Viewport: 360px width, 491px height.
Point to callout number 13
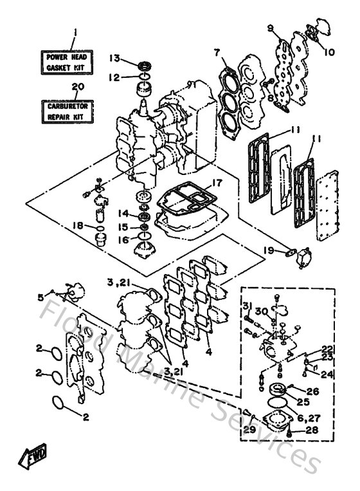114,58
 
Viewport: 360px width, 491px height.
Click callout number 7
217,51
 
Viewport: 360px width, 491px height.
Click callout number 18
78,225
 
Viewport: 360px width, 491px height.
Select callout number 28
313,429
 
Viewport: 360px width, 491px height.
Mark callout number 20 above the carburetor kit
77,86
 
